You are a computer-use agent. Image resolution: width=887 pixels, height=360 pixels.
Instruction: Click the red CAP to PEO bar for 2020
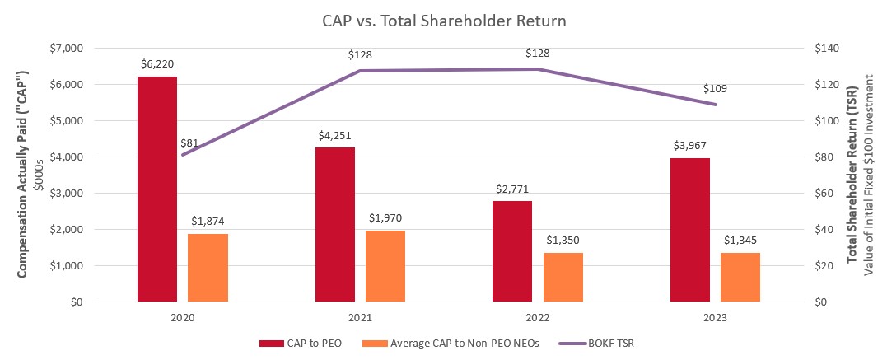pos(156,189)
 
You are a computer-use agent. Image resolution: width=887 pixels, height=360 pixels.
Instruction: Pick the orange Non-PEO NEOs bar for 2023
pos(740,277)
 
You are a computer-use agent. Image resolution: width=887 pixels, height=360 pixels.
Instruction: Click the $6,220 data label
pos(156,63)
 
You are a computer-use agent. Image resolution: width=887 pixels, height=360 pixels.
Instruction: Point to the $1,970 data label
pos(385,217)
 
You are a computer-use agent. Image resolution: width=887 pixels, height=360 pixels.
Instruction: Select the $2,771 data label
pos(512,189)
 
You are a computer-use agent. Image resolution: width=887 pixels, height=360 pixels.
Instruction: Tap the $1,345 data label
pos(740,240)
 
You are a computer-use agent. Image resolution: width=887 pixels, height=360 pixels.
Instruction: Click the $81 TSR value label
pos(190,143)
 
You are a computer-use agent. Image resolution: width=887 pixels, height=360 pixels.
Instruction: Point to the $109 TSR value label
pos(715,88)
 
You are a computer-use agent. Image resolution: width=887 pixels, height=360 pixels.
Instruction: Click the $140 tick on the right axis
pos(824,49)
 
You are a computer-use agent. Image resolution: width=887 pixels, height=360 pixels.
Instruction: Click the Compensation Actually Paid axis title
pos(25,175)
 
